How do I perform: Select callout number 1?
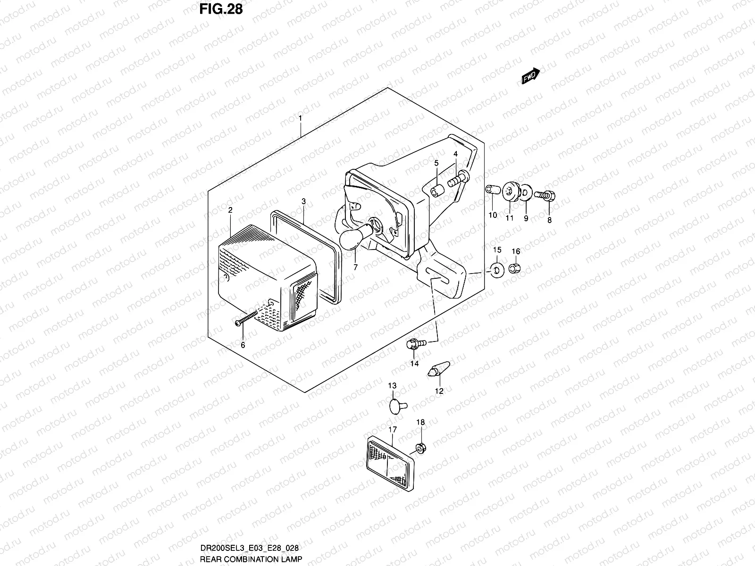pos(300,117)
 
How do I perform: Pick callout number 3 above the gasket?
pos(304,201)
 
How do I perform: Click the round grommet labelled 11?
pos(510,191)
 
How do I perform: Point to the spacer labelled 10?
pos(490,190)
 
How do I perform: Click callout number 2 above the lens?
pos(230,210)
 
